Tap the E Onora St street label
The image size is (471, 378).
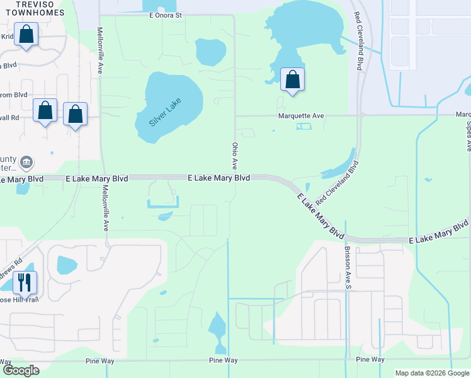click(x=162, y=14)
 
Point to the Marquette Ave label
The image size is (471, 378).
click(x=302, y=116)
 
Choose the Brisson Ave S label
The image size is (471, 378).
click(x=347, y=265)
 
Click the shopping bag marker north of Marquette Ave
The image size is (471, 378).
click(x=292, y=79)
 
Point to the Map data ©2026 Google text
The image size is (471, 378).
click(x=431, y=373)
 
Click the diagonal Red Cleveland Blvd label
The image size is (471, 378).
click(x=337, y=183)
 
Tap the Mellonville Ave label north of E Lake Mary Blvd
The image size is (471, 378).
click(x=100, y=50)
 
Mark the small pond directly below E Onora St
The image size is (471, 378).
click(x=210, y=52)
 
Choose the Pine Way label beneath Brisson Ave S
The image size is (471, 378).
click(x=370, y=359)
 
